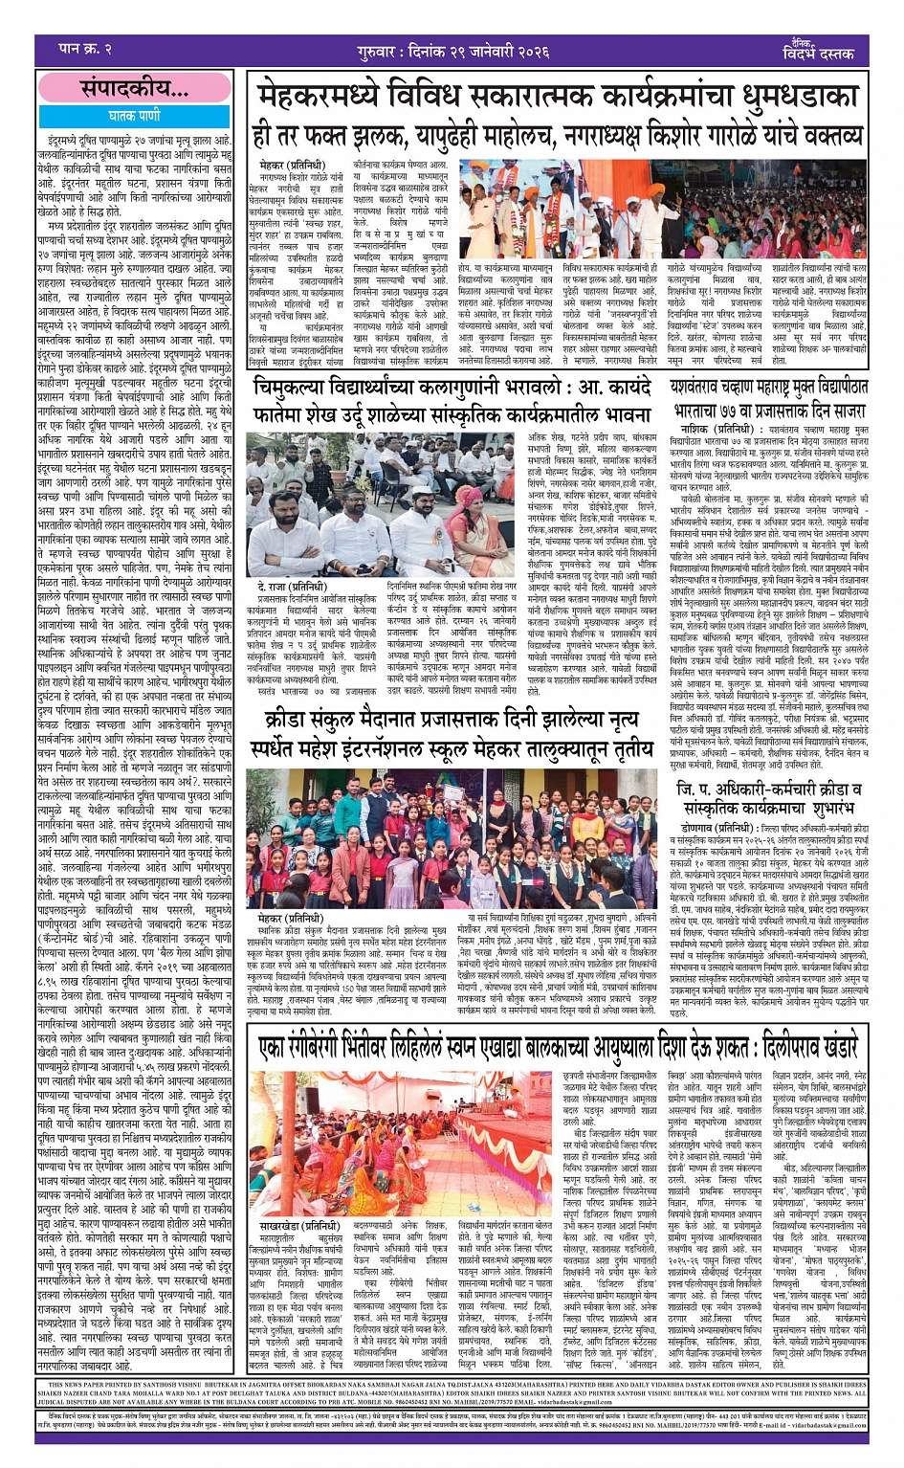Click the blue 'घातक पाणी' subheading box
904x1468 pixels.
[134, 115]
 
